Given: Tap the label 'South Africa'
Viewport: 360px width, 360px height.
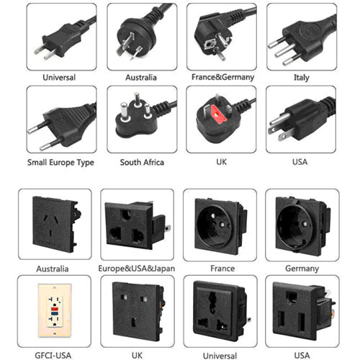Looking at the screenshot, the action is [142, 162].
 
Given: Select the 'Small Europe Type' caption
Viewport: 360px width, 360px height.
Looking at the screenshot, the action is [60, 163].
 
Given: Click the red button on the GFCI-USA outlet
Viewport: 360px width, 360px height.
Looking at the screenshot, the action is [55, 309].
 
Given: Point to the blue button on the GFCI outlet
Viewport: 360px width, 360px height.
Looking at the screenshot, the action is [55, 313].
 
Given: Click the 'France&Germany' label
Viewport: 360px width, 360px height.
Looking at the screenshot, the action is [222, 77].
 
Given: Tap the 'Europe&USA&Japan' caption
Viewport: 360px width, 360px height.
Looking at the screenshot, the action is [137, 269].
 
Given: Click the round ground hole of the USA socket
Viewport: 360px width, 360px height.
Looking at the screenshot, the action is [292, 297].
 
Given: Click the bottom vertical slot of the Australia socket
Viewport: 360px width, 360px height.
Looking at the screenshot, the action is [51, 233].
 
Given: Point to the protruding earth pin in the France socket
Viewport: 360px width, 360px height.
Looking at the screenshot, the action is [222, 225].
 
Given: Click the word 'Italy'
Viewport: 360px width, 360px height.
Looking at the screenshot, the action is [302, 78].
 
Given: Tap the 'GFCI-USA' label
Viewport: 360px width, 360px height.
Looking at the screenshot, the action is [53, 355].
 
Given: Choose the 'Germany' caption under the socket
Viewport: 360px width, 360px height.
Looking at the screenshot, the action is [302, 269].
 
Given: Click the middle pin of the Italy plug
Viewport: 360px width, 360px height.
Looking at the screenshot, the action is [285, 50].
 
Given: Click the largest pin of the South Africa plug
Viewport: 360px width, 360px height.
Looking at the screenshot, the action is [124, 112].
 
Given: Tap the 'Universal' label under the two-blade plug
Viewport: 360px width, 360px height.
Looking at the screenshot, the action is [59, 77].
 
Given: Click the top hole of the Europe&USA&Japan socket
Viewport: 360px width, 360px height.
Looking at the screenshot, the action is [127, 215].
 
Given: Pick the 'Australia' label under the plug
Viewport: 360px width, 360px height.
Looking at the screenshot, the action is [141, 77].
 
